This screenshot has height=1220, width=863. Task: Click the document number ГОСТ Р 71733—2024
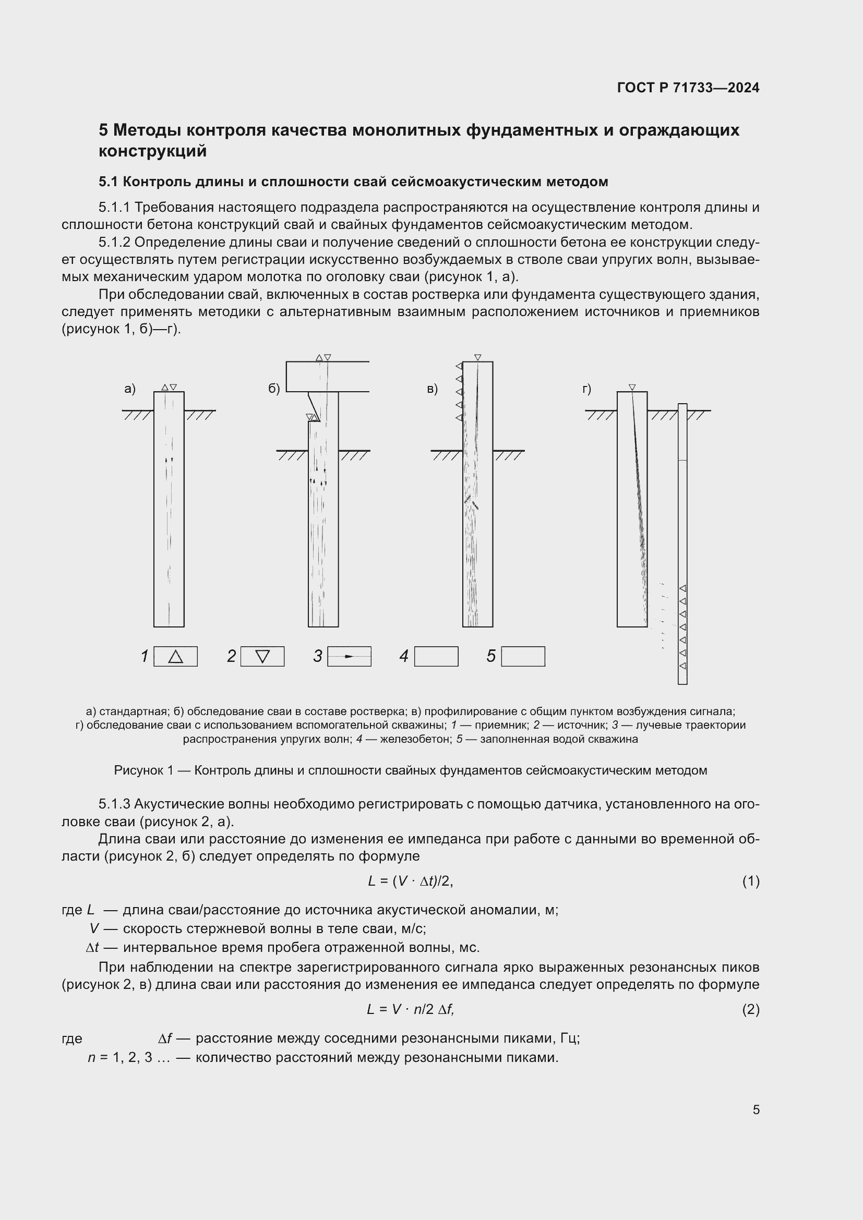tap(688, 88)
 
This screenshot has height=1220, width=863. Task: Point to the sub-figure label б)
tap(274, 389)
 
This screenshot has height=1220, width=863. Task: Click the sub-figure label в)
tap(432, 389)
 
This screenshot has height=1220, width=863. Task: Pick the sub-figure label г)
tap(586, 389)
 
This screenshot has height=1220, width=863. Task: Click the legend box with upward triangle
tap(175, 656)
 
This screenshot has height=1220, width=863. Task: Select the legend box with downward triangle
tap(262, 656)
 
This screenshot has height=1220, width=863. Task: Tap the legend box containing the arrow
tap(349, 656)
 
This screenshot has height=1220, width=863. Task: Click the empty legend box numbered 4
tap(436, 656)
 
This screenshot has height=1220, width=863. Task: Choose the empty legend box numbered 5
tap(523, 656)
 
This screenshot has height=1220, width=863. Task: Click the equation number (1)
tap(750, 881)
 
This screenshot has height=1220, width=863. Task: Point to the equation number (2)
tap(750, 1009)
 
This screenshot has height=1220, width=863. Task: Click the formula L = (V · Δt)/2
tap(410, 881)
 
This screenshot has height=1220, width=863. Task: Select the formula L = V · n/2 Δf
tap(410, 1009)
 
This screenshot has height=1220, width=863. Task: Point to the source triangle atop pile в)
tap(478, 357)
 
